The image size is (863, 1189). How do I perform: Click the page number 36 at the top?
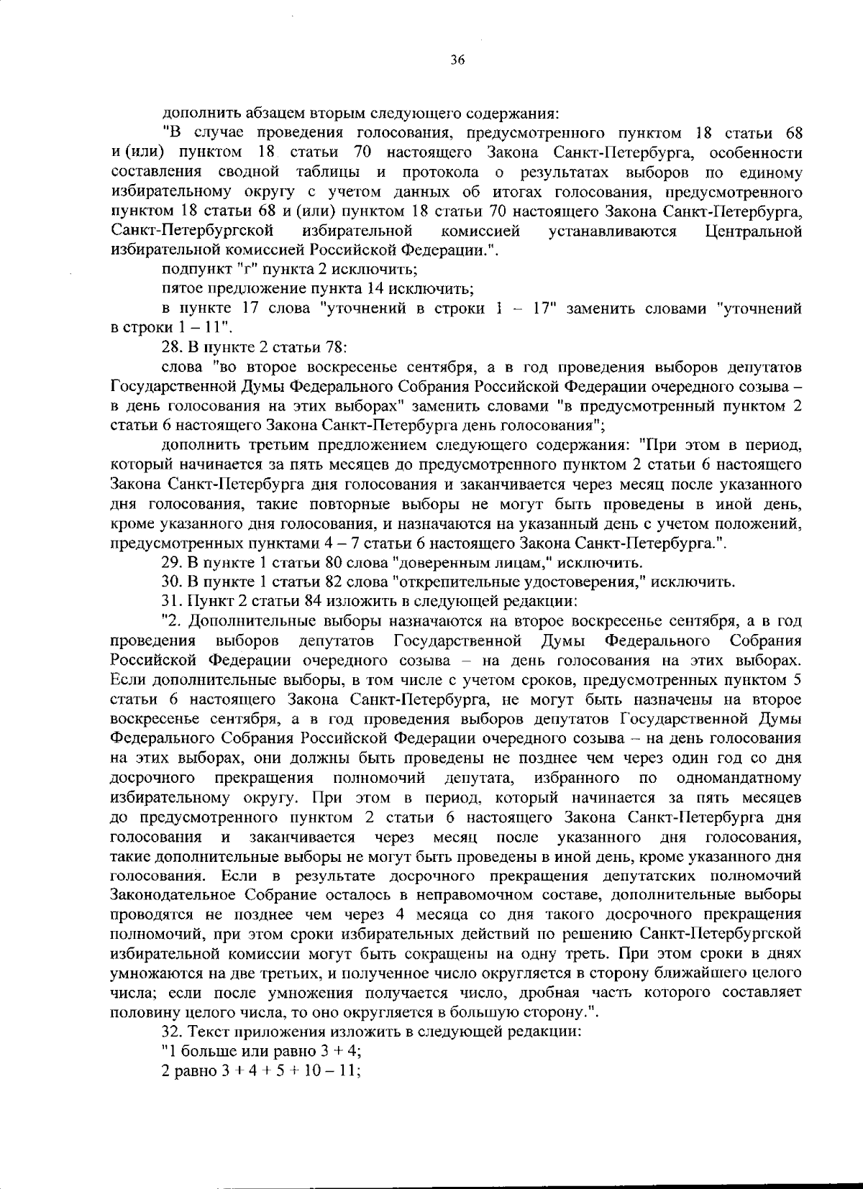tap(458, 60)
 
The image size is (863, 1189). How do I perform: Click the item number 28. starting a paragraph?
tap(173, 348)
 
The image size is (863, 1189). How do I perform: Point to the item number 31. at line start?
tap(173, 600)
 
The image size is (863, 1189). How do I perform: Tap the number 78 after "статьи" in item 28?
tap(337, 348)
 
